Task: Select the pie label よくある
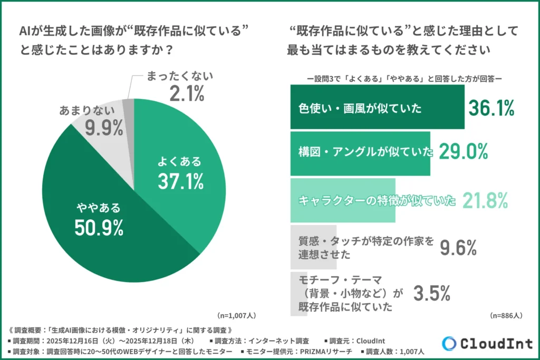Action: [180, 161]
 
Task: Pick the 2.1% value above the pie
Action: [187, 94]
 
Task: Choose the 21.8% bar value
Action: [485, 200]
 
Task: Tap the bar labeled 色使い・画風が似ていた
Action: [377, 107]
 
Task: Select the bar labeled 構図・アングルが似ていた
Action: [360, 153]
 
